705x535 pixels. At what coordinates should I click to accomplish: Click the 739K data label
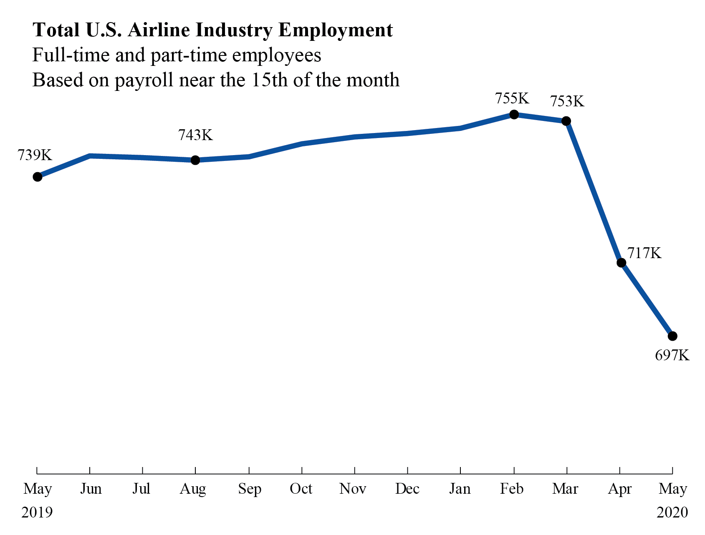point(35,155)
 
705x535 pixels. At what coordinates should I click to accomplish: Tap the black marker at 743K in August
point(195,160)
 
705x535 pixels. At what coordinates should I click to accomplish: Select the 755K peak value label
point(512,99)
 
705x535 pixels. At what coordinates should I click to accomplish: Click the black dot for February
point(514,114)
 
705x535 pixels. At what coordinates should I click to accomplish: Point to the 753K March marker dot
point(566,121)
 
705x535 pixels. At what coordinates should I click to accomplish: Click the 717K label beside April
point(644,253)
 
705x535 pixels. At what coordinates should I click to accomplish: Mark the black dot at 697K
point(672,336)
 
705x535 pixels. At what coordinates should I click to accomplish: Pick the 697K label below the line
point(672,355)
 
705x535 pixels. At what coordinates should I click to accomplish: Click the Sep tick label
point(250,489)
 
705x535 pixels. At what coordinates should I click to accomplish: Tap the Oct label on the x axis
point(301,489)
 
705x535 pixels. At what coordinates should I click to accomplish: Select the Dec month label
point(407,489)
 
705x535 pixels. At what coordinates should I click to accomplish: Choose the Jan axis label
point(460,489)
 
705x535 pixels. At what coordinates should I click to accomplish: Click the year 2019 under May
point(37,512)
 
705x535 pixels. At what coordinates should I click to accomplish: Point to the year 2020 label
point(672,512)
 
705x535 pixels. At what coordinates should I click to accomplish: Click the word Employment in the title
point(336,30)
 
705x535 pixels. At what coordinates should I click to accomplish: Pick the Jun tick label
point(91,489)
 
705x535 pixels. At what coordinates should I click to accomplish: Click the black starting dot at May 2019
point(38,177)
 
